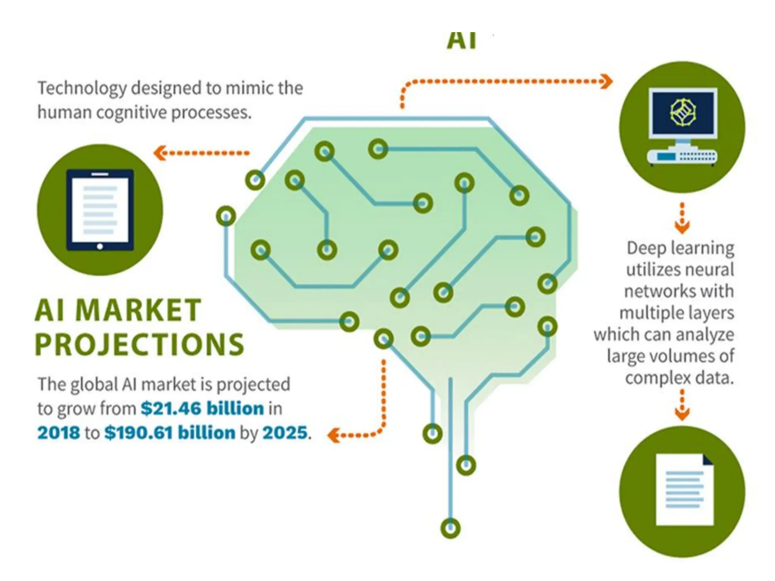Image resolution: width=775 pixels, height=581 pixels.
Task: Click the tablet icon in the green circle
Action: pyautogui.click(x=100, y=210)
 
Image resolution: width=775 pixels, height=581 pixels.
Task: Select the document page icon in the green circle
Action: pyautogui.click(x=684, y=490)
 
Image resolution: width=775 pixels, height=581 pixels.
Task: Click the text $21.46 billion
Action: pyautogui.click(x=202, y=409)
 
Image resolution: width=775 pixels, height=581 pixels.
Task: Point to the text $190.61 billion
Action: pyautogui.click(x=170, y=433)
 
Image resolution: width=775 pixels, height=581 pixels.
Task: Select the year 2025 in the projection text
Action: pyautogui.click(x=285, y=433)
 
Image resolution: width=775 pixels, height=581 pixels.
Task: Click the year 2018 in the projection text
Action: pyautogui.click(x=59, y=433)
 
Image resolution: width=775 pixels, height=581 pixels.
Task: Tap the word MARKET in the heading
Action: pyautogui.click(x=139, y=311)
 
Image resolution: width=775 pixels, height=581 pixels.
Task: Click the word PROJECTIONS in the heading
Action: pyautogui.click(x=139, y=344)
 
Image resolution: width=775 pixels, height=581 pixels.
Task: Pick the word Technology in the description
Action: pyautogui.click(x=82, y=88)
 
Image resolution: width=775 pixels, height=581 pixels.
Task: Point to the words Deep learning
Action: pyautogui.click(x=680, y=248)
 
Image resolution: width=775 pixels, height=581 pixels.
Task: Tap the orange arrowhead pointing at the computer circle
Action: pyautogui.click(x=607, y=81)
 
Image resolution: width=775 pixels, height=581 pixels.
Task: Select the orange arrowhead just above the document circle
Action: pyautogui.click(x=682, y=414)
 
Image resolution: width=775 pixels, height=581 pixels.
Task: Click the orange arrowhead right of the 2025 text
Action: pyautogui.click(x=333, y=435)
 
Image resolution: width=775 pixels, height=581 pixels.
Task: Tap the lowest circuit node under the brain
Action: pyautogui.click(x=450, y=528)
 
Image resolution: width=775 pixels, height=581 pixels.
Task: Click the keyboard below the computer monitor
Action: pyautogui.click(x=682, y=156)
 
